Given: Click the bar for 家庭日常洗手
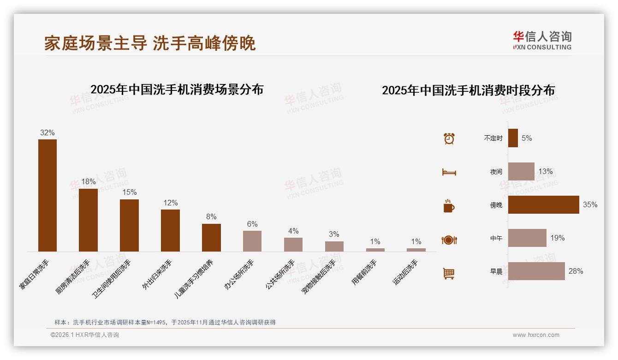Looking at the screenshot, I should coord(48,195).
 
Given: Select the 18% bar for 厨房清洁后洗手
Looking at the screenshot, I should coord(88,220).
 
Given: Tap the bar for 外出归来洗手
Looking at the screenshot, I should coord(170,230).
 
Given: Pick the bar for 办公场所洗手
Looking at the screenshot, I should coord(252,241).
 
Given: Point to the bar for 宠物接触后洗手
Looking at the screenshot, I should coord(334,246).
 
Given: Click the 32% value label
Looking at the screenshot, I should coord(48,133).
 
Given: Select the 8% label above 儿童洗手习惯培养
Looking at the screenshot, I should coord(211,217).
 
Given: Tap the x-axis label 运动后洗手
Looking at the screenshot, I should coord(405,272).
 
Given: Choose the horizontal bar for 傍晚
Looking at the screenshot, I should coord(543,205).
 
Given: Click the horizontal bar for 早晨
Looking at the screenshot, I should coord(536,271).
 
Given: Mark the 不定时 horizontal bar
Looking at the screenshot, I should coord(513,138).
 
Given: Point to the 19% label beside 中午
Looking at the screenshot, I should coord(557,238).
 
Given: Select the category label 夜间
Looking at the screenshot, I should coord(496,172).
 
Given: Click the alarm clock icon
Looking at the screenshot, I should coord(449,138).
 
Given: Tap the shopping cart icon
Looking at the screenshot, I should coord(449,273).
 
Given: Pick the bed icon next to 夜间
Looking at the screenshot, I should coord(449,172).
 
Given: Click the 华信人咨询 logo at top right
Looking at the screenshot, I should coord(542,41).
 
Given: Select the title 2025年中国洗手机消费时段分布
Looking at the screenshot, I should coord(468,90).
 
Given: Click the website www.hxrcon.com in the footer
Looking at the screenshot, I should coord(536,335).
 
